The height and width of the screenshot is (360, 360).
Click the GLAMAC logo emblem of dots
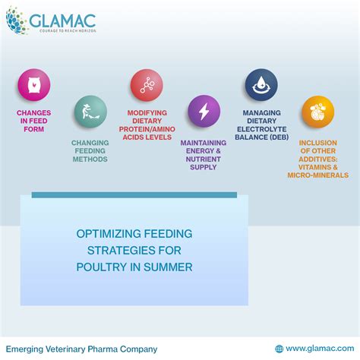[x=17, y=22]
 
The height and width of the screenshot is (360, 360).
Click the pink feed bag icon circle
[x=34, y=85]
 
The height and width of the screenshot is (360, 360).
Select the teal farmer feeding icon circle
[x=90, y=111]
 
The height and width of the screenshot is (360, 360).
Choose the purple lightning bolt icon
[x=204, y=111]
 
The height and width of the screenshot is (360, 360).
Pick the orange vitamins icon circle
[x=317, y=111]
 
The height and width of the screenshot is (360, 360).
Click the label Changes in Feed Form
[x=34, y=122]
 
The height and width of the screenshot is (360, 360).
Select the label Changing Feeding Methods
[x=90, y=150]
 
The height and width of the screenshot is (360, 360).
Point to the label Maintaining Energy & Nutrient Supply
[x=204, y=154]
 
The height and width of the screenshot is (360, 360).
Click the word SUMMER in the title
[x=170, y=267]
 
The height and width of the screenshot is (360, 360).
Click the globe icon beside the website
[x=279, y=349]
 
